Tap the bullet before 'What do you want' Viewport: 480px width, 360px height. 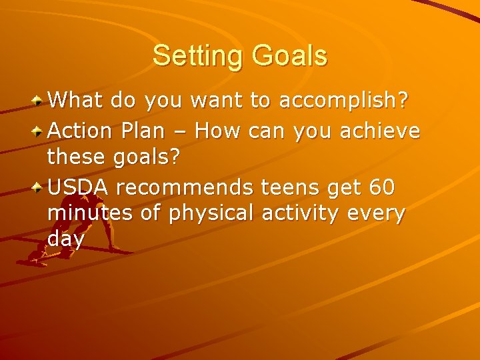coord(39,101)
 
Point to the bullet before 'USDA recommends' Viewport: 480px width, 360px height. coord(39,188)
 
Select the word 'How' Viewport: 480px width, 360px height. coord(218,131)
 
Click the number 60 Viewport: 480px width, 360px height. coord(381,187)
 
